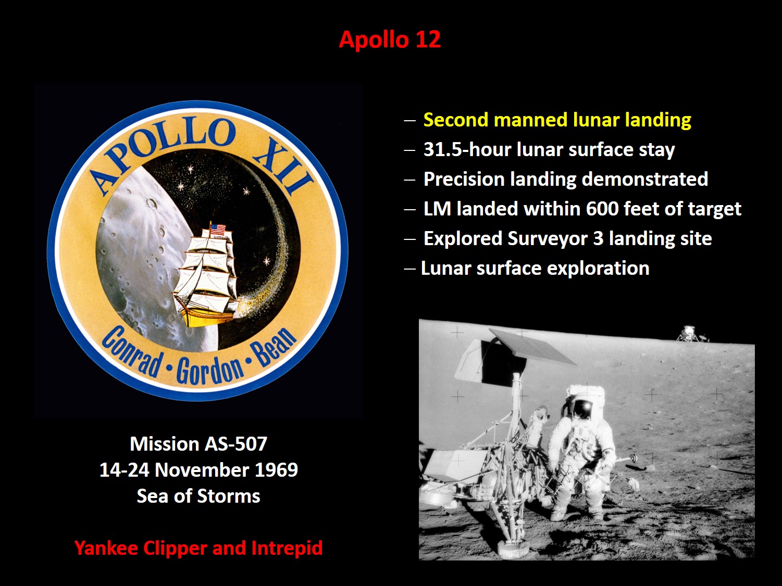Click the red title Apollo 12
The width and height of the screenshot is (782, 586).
pyautogui.click(x=390, y=40)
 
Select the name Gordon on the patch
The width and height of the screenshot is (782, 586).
pyautogui.click(x=210, y=371)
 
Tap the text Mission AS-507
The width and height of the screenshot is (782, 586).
pyautogui.click(x=198, y=444)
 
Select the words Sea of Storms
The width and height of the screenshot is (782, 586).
pyautogui.click(x=198, y=496)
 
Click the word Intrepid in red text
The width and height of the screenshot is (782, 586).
pyautogui.click(x=287, y=549)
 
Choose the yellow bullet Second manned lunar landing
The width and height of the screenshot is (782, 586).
pyautogui.click(x=557, y=120)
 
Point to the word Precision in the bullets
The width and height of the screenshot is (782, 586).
pyautogui.click(x=464, y=179)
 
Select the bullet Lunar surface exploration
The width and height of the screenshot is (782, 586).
pyautogui.click(x=535, y=268)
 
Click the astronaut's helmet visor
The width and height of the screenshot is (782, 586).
pyautogui.click(x=582, y=409)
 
